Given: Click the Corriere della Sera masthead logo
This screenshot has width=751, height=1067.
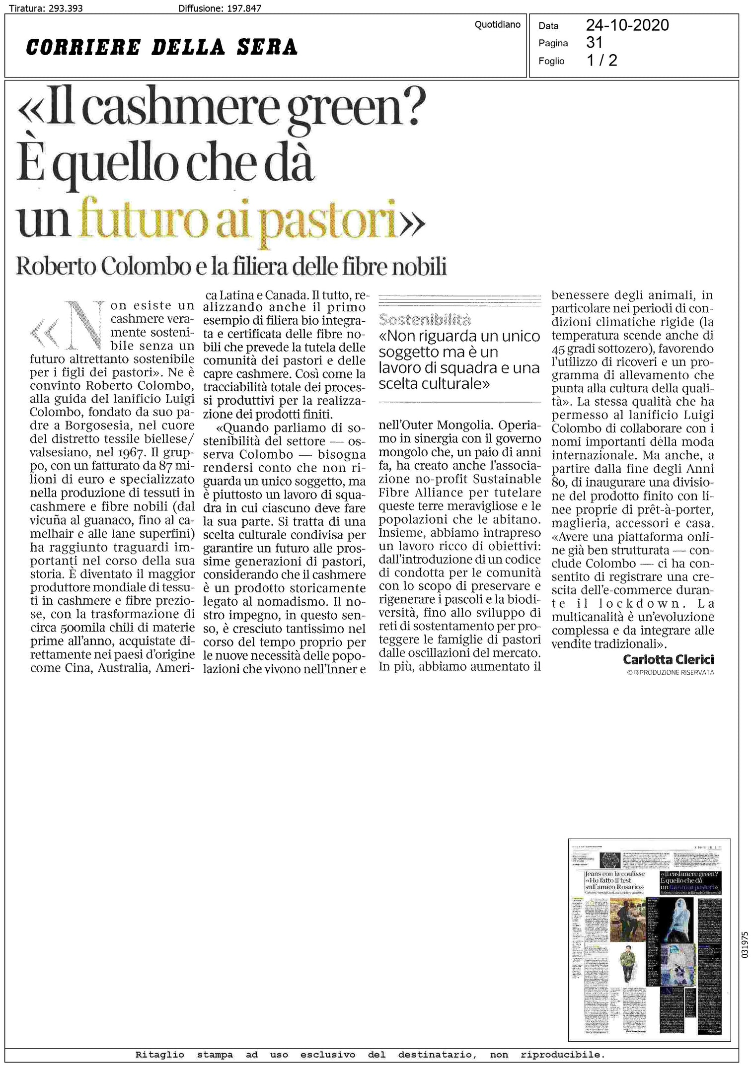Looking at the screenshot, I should click(161, 47).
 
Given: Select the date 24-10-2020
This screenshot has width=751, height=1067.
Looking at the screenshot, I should click(627, 25).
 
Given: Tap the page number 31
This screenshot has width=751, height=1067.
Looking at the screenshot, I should click(594, 43).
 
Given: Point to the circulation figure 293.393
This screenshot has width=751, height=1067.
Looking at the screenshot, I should click(66, 8).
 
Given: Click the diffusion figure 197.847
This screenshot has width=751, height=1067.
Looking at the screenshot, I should click(244, 8).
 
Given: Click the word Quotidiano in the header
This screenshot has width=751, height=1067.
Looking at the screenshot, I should click(497, 25).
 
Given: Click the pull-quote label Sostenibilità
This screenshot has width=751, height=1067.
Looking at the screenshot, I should click(424, 319).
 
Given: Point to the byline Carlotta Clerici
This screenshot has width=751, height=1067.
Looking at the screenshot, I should click(668, 659).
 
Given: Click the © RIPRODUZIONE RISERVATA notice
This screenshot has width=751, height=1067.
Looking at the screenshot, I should click(670, 672).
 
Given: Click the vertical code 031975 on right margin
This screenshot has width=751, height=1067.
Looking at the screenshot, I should click(744, 944).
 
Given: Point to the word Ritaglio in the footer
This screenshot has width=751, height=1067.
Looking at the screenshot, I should click(159, 1055).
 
